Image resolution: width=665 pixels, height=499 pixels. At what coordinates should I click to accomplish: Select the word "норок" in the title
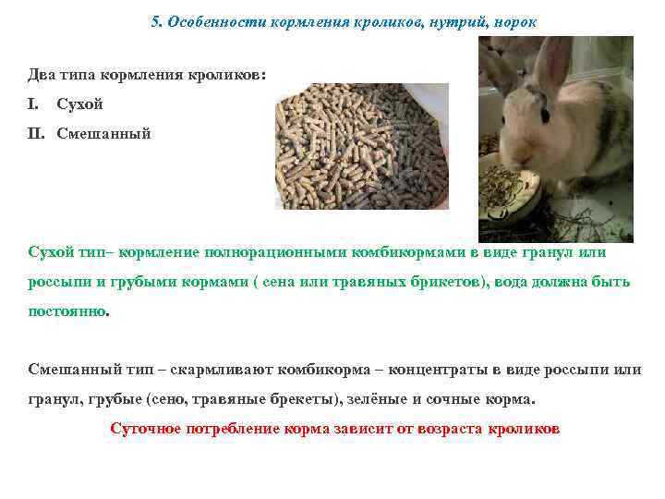pos(514,20)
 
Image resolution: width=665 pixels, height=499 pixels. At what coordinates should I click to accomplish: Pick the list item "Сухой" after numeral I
pos(79,103)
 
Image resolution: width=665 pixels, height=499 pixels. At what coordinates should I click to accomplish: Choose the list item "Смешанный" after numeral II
pos(103,133)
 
